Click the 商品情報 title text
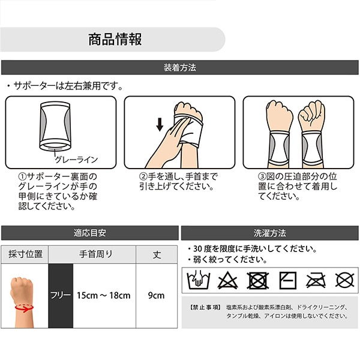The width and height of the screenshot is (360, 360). point(115,39)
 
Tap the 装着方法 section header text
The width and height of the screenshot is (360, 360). point(180,67)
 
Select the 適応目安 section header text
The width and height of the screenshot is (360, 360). point(90,233)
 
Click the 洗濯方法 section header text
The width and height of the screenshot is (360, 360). point(270,233)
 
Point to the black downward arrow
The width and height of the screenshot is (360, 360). point(160,124)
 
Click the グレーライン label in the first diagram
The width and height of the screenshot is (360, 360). point(76,160)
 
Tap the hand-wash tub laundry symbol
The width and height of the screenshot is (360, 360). point(199,280)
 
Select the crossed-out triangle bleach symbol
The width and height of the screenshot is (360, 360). point(227,280)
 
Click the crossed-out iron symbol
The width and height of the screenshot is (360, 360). point(316,280)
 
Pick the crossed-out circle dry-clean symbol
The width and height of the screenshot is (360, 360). point(344,280)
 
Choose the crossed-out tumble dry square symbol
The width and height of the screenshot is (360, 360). point(257,280)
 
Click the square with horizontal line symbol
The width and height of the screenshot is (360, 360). point(287,280)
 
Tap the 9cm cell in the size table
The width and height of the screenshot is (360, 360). point(157,295)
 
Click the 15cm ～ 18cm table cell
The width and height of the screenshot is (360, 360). point(104,295)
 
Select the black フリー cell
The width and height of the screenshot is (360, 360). point(61,295)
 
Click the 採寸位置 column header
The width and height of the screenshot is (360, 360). point(25,254)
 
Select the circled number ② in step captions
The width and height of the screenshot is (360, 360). point(143,177)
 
